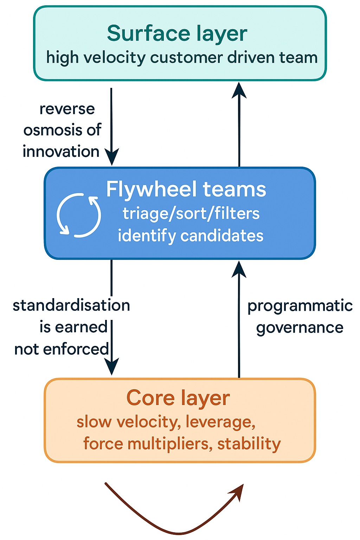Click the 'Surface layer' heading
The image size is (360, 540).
pyautogui.click(x=177, y=34)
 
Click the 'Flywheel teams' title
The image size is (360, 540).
pyautogui.click(x=186, y=189)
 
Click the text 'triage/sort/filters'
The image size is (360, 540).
pyautogui.click(x=191, y=214)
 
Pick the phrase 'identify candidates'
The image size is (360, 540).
pyautogui.click(x=191, y=236)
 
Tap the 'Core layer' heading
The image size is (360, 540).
pyautogui.click(x=178, y=398)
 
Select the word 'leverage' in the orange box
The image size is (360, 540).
pyautogui.click(x=220, y=422)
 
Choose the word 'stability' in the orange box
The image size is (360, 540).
pyautogui.click(x=249, y=444)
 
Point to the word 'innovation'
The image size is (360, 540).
pyautogui.click(x=61, y=152)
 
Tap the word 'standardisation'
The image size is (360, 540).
pyautogui.click(x=71, y=306)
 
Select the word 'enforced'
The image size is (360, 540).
pyautogui.click(x=76, y=349)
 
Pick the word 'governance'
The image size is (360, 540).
pyautogui.click(x=300, y=328)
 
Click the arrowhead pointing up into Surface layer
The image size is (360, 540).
pyautogui.click(x=239, y=90)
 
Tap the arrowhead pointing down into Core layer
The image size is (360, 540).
pyautogui.click(x=112, y=366)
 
